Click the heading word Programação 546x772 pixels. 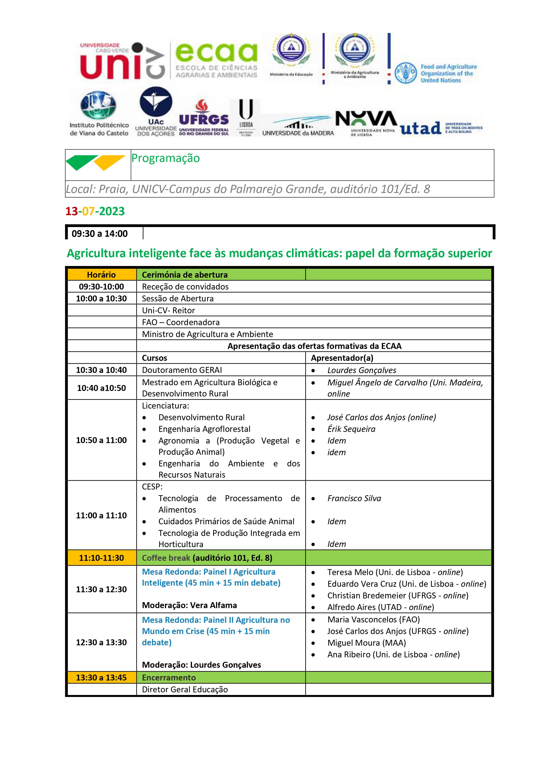point(165,158)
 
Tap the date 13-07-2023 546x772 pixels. point(95,211)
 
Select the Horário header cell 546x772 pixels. point(101,275)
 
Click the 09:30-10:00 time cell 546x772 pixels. point(101,286)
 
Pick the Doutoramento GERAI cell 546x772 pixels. point(182,370)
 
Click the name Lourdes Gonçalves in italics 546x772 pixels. point(362,370)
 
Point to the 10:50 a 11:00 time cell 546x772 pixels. point(101,440)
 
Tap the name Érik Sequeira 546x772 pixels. point(351,429)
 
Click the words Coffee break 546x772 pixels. point(166,558)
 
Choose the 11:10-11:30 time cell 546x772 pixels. point(101,558)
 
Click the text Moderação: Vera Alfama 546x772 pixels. point(189,605)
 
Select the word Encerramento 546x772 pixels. point(169,678)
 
